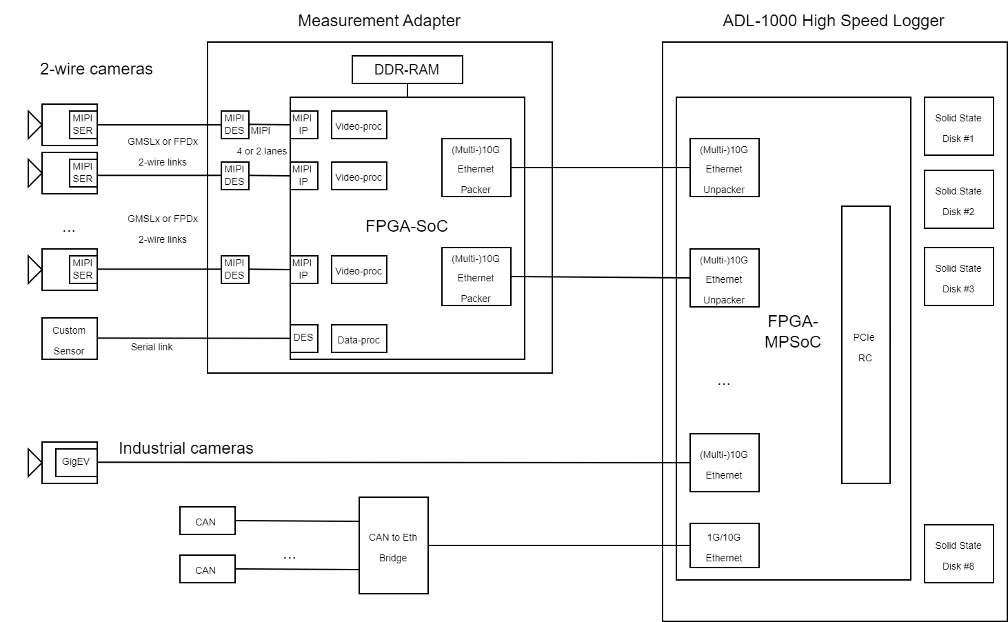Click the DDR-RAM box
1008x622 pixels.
(407, 70)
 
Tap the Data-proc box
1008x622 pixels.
(359, 339)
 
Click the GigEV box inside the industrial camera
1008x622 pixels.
(76, 462)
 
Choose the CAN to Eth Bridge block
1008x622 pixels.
(393, 545)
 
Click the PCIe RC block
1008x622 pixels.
(865, 345)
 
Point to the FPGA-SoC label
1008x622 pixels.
(407, 226)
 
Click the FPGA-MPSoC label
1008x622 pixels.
(792, 332)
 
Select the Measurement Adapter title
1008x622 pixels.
(379, 21)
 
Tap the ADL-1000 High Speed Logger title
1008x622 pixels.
(833, 21)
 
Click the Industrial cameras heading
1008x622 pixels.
(185, 448)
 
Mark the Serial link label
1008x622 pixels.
(152, 348)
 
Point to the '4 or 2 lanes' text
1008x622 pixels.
(262, 151)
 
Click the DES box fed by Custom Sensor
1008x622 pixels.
(303, 338)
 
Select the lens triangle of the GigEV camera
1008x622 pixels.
(34, 463)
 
